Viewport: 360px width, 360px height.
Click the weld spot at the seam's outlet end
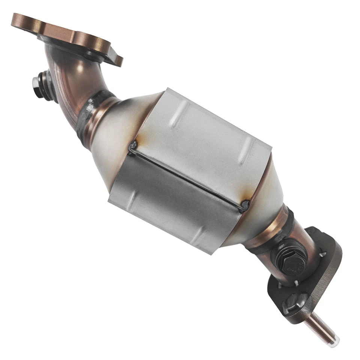(246, 205)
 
